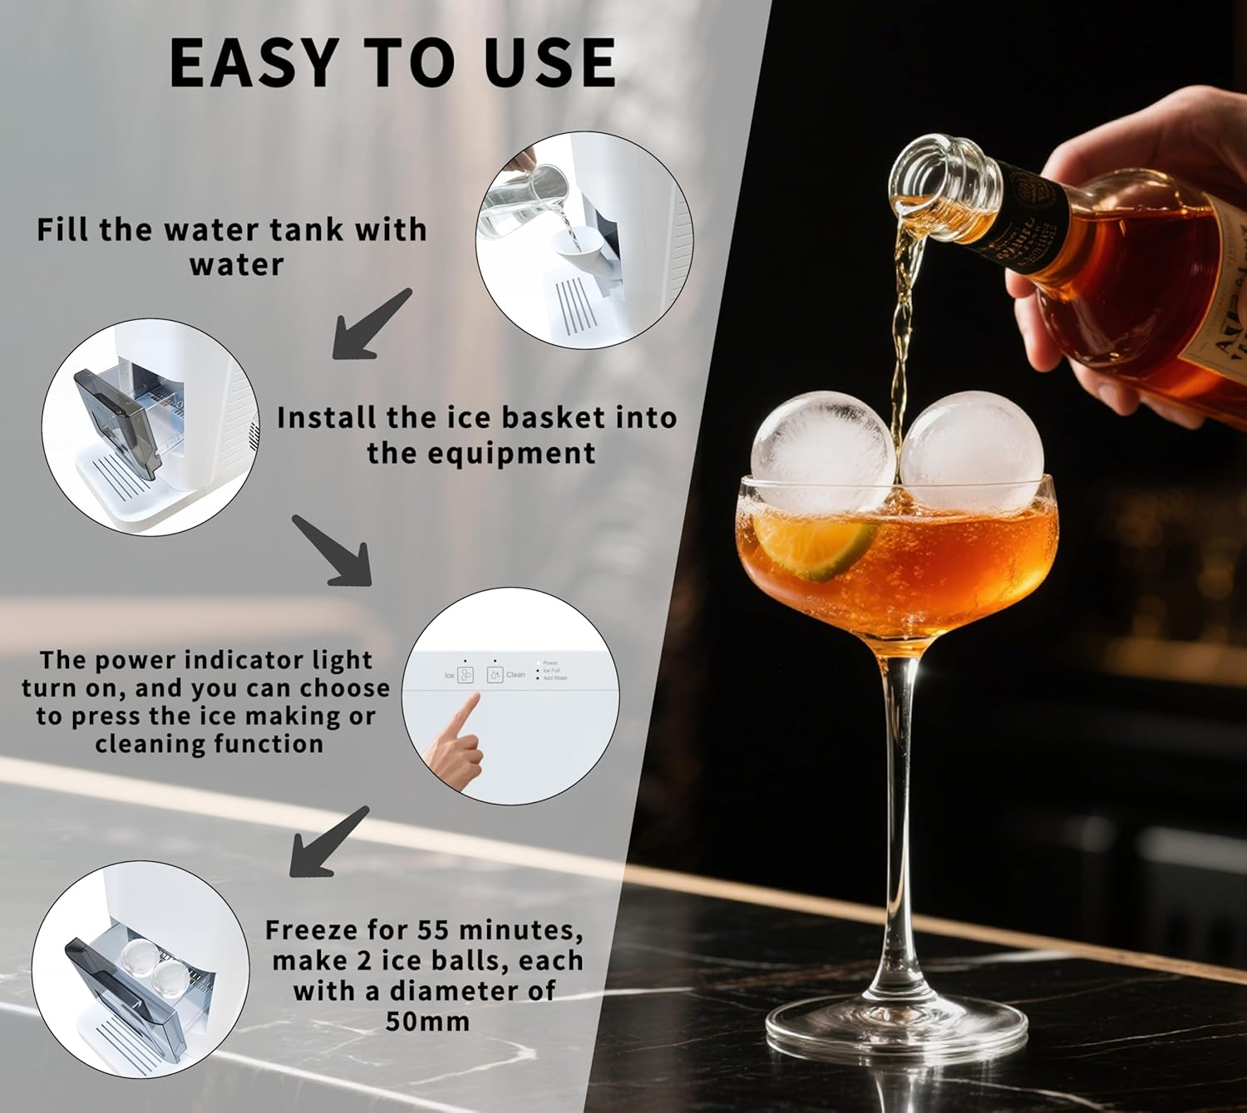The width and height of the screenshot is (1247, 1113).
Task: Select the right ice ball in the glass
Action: (972, 452)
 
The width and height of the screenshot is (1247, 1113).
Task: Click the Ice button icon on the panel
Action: (466, 675)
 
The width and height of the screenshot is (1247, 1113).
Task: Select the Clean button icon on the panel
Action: (495, 675)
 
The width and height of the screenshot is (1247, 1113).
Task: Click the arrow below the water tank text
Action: (371, 326)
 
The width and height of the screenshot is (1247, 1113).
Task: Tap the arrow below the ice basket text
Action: (333, 550)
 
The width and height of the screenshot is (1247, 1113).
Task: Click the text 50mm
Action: (427, 1021)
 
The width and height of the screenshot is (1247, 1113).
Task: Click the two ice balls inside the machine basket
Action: (154, 966)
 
